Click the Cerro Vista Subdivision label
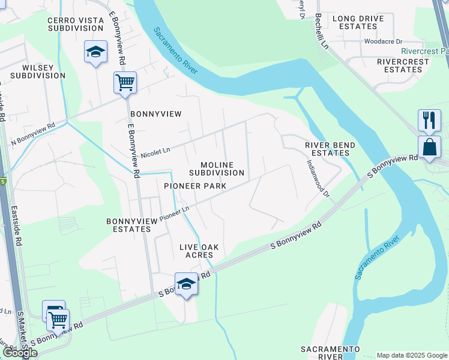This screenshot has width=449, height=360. click(76, 24)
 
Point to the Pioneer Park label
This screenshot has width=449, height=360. click(195, 186)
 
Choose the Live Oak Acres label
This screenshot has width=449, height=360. click(199, 251)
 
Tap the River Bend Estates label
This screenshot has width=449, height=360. click(330, 149)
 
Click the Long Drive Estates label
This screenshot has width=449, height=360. click(358, 22)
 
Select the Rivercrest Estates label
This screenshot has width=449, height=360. click(403, 65)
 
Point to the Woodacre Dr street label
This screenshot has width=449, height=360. click(382, 41)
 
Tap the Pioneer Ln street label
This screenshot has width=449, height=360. click(174, 212)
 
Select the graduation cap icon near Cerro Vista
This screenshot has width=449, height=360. click(95, 52)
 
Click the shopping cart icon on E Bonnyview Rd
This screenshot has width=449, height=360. click(125, 82)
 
